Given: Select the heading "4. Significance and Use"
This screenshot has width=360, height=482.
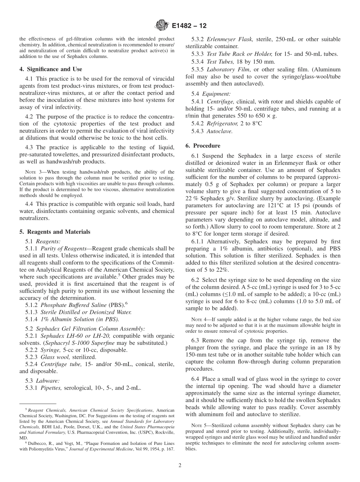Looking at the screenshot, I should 50,69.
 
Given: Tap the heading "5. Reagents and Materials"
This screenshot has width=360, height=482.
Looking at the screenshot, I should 55,232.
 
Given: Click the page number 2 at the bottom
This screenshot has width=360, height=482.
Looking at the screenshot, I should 180,465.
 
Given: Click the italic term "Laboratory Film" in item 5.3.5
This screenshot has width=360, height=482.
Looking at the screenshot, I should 228,69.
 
